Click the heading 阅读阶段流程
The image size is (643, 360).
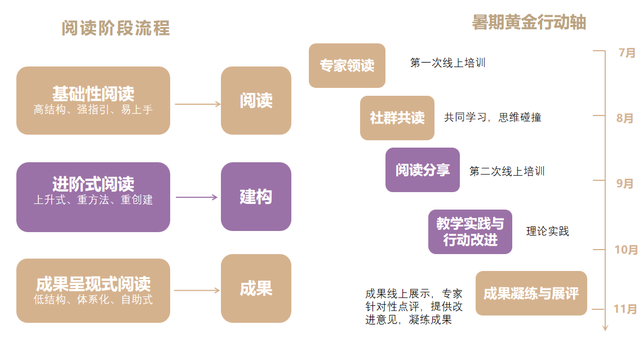[x=116, y=28]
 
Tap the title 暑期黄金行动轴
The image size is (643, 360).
[x=529, y=22]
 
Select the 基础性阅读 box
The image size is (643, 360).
[x=93, y=100]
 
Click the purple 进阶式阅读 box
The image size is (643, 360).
[x=93, y=197]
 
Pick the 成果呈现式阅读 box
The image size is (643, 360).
[x=93, y=290]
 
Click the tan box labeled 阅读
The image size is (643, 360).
[x=256, y=100]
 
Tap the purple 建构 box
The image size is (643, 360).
[x=256, y=197]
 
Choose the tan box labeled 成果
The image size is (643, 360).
[x=256, y=288]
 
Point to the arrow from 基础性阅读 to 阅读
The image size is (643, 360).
[x=197, y=104]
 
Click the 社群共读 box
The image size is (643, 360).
[x=397, y=118]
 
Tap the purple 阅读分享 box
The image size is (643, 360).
[x=422, y=170]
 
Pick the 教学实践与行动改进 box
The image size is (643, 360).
[x=470, y=231]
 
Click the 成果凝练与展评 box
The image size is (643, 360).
[x=531, y=293]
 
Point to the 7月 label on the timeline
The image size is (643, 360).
[x=627, y=53]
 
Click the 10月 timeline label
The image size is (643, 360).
[x=626, y=250]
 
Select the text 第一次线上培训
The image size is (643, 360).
[x=447, y=63]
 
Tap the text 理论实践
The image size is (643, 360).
[x=547, y=231]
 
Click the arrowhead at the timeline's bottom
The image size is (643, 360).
[x=605, y=327]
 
